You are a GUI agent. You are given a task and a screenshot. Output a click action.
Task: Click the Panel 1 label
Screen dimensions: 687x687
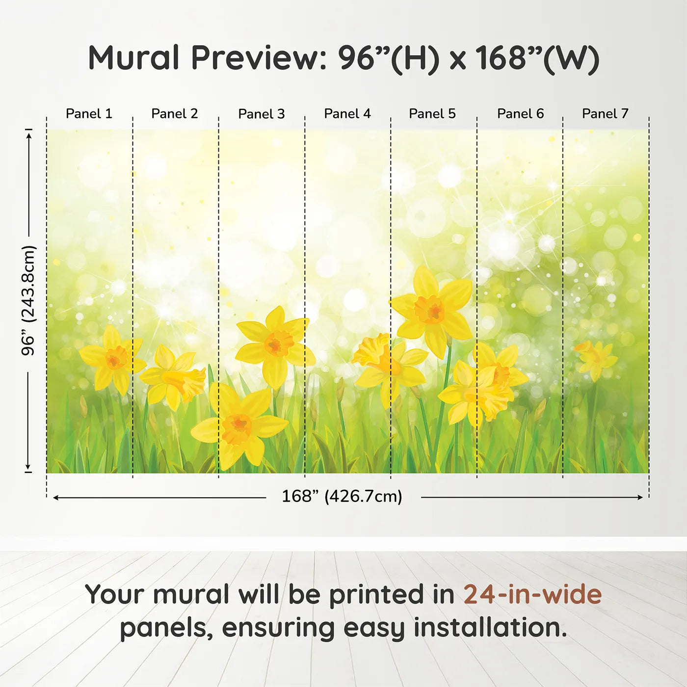click(89, 114)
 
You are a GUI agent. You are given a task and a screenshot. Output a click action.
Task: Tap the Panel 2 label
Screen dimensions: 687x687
click(174, 114)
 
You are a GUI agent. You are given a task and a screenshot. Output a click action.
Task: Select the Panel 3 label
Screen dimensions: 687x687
click(262, 114)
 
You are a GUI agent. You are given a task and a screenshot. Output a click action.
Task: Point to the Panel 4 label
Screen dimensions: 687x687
click(347, 114)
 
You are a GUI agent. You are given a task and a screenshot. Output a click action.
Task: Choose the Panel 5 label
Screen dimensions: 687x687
click(432, 114)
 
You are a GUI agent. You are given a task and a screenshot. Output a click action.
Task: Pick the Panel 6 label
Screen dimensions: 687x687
click(521, 114)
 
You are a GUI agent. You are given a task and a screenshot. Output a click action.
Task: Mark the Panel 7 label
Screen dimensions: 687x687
click(605, 114)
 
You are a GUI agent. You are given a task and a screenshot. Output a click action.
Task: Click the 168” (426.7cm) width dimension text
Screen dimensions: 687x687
click(342, 497)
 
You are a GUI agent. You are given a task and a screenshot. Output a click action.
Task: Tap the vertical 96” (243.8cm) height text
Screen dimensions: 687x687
click(28, 300)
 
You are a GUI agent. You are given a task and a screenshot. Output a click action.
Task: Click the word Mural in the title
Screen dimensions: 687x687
click(133, 58)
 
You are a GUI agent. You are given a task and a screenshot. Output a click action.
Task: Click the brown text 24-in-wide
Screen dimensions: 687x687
click(532, 594)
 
